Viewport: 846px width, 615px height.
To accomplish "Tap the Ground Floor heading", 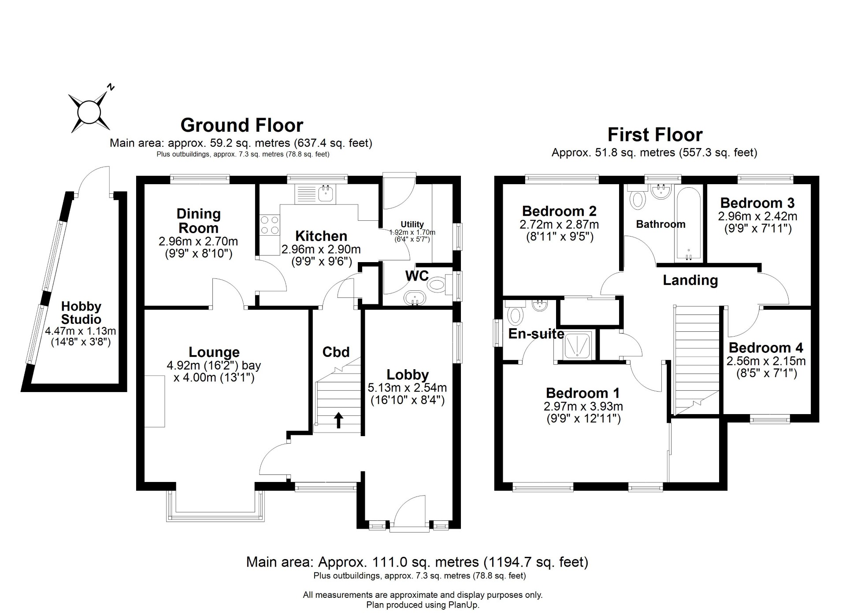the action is click(242, 125).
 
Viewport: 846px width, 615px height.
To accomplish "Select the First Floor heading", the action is click(655, 134).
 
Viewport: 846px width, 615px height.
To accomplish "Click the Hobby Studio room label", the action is click(81, 313).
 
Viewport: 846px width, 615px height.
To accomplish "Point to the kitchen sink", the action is click(326, 193).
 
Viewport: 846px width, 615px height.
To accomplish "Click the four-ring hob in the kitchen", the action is click(270, 225).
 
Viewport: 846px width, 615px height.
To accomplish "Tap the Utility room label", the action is click(412, 224).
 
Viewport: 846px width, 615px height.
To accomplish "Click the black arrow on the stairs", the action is click(338, 420).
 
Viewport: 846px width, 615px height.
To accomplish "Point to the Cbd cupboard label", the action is click(336, 352).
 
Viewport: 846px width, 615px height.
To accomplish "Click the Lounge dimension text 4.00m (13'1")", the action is click(214, 378).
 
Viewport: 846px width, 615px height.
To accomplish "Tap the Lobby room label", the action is click(408, 375).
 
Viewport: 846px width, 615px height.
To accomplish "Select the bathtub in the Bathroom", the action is click(687, 224).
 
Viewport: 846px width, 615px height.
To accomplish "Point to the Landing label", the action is click(690, 280).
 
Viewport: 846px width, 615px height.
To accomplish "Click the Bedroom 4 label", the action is click(766, 348).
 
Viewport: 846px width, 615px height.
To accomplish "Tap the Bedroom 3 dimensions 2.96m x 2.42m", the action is click(757, 216).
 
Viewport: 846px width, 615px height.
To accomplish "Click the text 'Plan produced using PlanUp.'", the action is click(423, 605).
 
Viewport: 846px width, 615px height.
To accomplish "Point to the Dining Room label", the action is click(198, 221).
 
